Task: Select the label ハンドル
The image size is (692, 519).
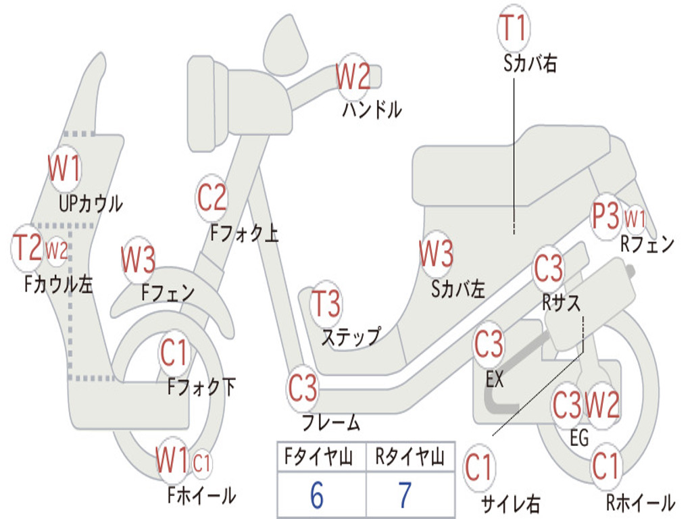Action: (371, 109)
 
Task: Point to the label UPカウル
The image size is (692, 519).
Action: (91, 203)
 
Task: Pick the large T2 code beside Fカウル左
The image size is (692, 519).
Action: (28, 248)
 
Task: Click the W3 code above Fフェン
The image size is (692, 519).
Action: (138, 259)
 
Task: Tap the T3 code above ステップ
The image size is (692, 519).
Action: (326, 304)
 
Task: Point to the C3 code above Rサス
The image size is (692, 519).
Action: (548, 268)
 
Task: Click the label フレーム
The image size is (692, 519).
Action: (330, 424)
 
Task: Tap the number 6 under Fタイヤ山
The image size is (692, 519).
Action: (317, 495)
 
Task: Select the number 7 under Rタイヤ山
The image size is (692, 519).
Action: (405, 495)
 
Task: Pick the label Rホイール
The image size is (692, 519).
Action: (639, 503)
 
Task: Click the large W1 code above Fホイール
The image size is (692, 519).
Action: (172, 462)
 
